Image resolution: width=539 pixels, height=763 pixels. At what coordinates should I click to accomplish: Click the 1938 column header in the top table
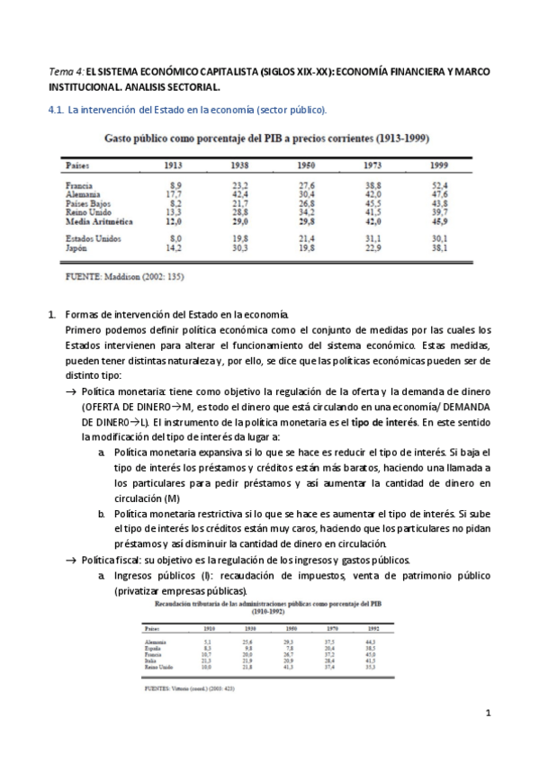(x=239, y=166)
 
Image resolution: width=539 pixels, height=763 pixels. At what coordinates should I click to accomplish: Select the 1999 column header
(x=439, y=166)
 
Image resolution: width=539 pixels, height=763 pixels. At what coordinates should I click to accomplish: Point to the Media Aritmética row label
(x=100, y=220)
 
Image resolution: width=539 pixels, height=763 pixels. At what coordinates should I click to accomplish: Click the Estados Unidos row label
(x=95, y=238)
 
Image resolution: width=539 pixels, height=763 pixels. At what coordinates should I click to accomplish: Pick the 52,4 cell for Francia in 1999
(x=440, y=184)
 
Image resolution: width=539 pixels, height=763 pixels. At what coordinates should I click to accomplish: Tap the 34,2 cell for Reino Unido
(x=306, y=211)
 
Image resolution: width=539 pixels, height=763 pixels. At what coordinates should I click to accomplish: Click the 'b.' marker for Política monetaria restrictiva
(x=102, y=513)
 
